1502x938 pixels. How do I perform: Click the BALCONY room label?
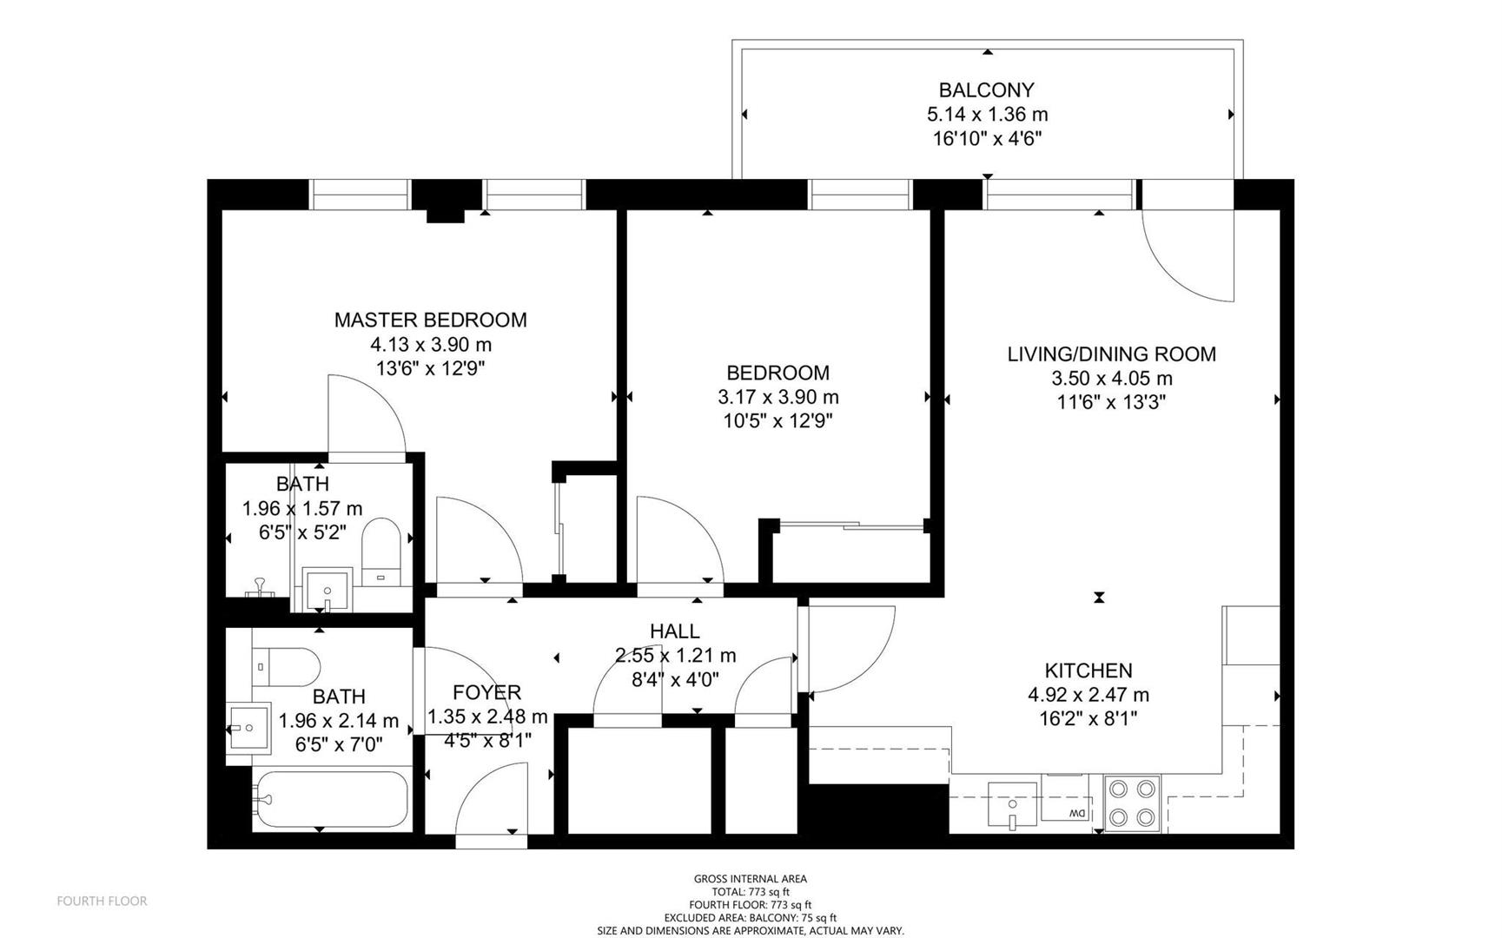[986, 89]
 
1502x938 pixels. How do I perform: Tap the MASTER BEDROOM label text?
[430, 320]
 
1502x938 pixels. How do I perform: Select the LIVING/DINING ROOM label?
[1111, 353]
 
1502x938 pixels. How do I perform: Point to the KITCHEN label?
[1088, 670]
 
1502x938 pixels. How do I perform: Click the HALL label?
[674, 631]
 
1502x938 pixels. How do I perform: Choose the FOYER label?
[486, 692]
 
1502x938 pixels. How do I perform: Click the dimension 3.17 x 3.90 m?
[777, 397]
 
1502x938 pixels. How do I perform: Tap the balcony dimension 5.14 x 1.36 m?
[987, 114]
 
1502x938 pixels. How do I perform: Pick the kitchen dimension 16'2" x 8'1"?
[1088, 718]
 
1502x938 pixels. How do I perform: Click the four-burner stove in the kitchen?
[1133, 803]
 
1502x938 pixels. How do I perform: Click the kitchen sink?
[1012, 804]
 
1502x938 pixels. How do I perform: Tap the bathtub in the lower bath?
[330, 799]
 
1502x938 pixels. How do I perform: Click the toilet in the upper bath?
[380, 552]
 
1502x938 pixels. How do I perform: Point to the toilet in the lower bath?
[287, 666]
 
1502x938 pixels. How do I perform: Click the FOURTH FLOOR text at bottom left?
[102, 901]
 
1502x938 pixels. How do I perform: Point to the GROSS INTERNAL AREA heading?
[751, 879]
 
